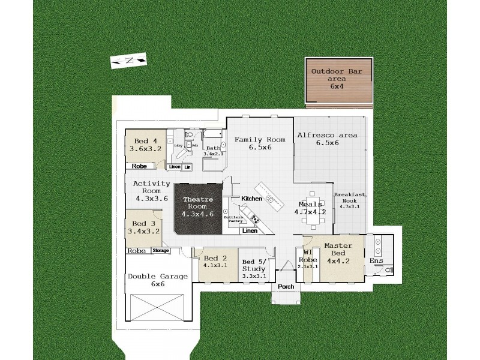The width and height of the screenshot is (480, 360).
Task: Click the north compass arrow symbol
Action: coord(128,61)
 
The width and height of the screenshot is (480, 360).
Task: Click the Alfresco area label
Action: coord(327,139)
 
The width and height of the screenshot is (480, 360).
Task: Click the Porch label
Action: coord(286,286)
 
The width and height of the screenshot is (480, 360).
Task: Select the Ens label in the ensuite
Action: coord(376,261)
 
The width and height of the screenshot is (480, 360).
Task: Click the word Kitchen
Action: coord(252,198)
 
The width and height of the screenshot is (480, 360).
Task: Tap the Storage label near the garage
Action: coord(160,250)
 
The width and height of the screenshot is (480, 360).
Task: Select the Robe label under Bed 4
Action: coord(139,166)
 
